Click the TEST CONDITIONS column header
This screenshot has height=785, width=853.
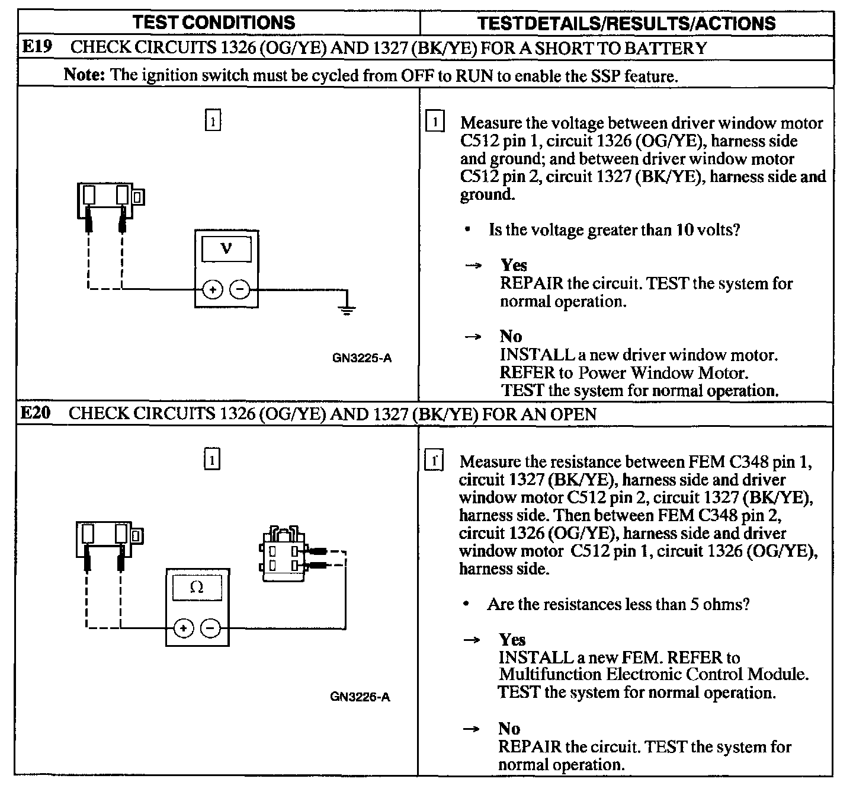coord(214,23)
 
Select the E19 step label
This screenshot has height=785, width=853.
coord(35,47)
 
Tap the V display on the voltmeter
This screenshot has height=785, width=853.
coord(226,249)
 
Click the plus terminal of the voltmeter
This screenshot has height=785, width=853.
coord(213,290)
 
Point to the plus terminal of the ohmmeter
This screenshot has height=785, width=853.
coord(183,628)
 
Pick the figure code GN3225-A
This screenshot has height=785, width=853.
coord(362,358)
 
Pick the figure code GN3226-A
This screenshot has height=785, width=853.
coord(360,697)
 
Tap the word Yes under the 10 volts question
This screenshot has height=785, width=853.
coord(514,265)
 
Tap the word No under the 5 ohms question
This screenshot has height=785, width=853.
coord(509,729)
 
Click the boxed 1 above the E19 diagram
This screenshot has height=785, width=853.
coord(213,121)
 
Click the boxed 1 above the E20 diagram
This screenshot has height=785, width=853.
coord(211,459)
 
